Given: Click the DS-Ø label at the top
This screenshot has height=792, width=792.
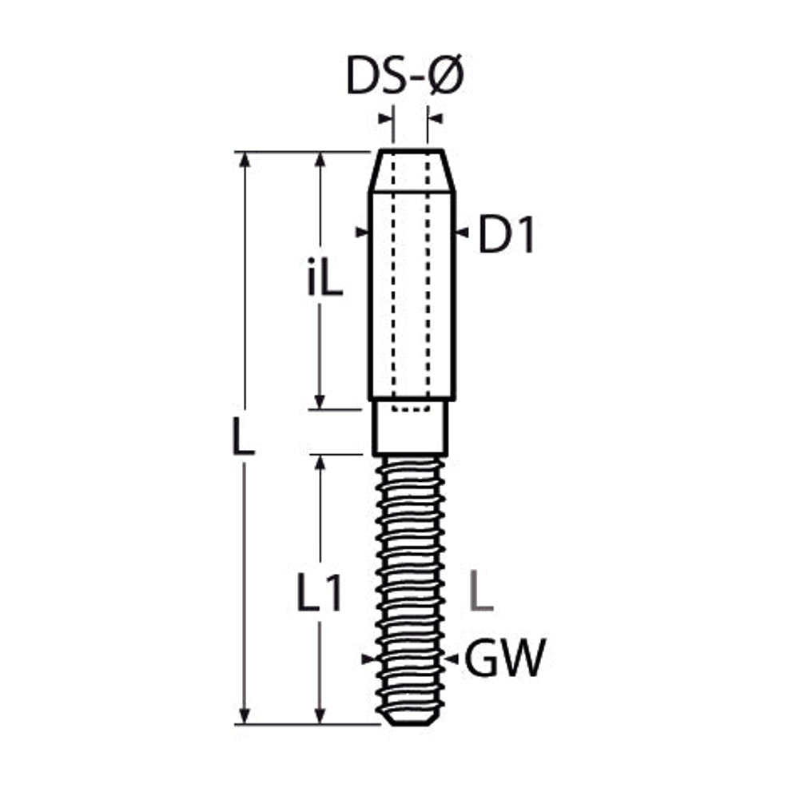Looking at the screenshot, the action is pos(404,76).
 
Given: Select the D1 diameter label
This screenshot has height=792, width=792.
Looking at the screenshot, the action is pos(506,234).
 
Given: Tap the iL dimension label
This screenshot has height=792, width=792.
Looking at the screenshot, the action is pos(325,277).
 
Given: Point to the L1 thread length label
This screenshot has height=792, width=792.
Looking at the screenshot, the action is pos(320,593).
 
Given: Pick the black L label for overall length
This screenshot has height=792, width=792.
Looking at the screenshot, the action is pos(243,436).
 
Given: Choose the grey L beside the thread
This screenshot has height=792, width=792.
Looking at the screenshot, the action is pos(481,592).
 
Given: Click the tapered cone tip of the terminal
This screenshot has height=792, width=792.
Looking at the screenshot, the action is pos(412,171).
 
